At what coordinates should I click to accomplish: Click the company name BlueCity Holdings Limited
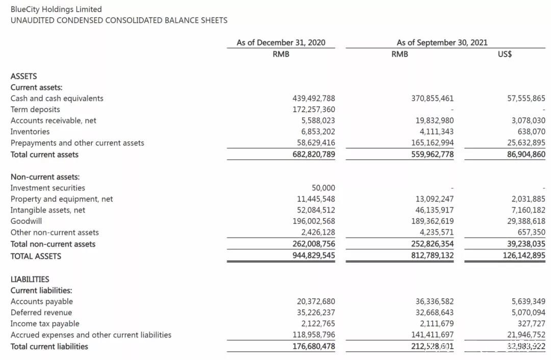tap(56, 9)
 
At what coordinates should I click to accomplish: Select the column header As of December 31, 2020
tap(281, 43)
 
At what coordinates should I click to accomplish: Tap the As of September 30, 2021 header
tap(442, 43)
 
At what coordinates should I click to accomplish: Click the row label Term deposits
tap(35, 110)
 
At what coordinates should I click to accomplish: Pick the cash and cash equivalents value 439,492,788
tap(314, 98)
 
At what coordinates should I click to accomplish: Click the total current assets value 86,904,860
tap(524, 155)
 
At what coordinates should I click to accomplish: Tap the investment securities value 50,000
tap(323, 188)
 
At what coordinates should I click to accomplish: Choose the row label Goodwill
tap(27, 221)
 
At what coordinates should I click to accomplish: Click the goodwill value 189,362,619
tap(432, 221)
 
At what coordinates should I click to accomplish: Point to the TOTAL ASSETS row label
tap(36, 256)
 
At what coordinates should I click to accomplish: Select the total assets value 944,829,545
tap(314, 255)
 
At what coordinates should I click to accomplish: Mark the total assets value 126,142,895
tap(524, 255)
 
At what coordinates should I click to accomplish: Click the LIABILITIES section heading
tap(30, 279)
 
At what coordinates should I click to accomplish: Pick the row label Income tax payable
tap(45, 324)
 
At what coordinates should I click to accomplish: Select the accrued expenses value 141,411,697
tap(432, 335)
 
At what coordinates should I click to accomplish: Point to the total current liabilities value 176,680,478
tap(314, 347)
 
